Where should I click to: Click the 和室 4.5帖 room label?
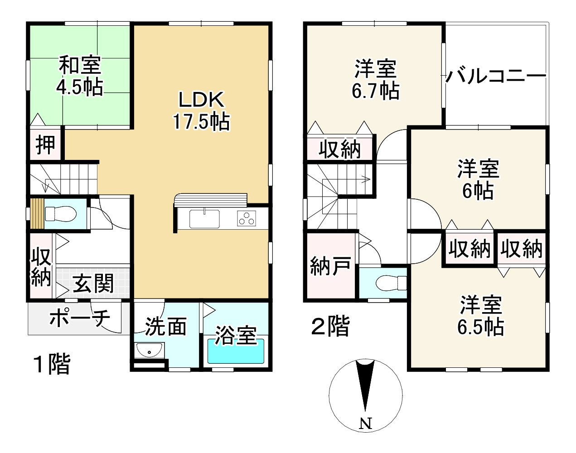79,76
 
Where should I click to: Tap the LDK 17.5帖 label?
201,111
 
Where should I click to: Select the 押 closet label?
45,145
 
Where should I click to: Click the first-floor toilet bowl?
61,214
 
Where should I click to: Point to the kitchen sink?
204,219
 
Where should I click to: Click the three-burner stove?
246,218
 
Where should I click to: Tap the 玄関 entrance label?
93,283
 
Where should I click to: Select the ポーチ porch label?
80,318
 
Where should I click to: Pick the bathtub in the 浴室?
236,351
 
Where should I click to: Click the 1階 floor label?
52,364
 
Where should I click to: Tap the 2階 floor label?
330,326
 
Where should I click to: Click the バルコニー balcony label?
496,76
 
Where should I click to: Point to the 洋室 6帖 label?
478,179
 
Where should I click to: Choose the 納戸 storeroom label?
330,266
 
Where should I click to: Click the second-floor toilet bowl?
391,283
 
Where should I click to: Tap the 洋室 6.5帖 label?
481,315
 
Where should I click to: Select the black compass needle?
365,386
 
